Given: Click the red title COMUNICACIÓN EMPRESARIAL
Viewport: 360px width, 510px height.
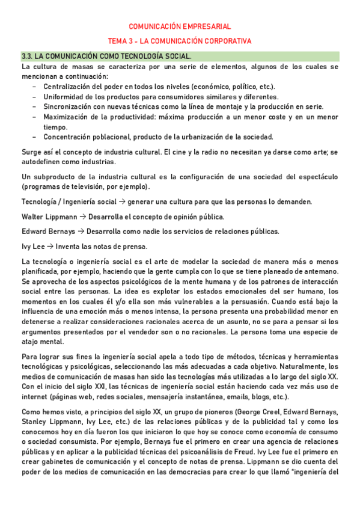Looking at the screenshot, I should [x=180, y=26].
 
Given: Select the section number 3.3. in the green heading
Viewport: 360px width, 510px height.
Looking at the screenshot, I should [x=28, y=56].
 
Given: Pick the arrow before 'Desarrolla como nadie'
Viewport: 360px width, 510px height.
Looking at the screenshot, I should [x=82, y=231].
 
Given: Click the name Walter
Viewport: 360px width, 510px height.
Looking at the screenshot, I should [x=32, y=217].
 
